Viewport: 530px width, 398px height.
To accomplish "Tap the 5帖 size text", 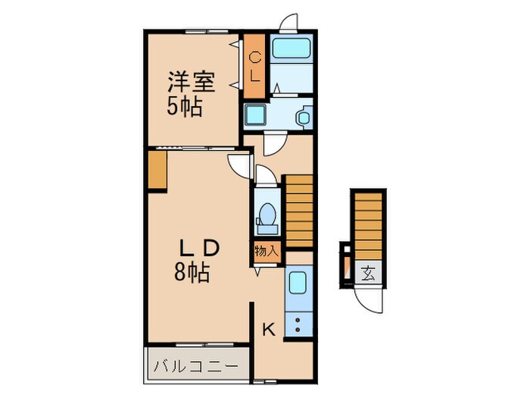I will [x=185, y=106].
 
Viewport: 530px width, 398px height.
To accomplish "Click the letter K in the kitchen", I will [x=268, y=328].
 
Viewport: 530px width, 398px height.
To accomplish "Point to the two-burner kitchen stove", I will [x=298, y=325].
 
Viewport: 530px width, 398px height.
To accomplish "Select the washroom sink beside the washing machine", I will [x=302, y=118].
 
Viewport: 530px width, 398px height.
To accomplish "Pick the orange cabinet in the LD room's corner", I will [x=157, y=171].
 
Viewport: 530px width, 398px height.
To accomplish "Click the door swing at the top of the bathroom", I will [x=288, y=23].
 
